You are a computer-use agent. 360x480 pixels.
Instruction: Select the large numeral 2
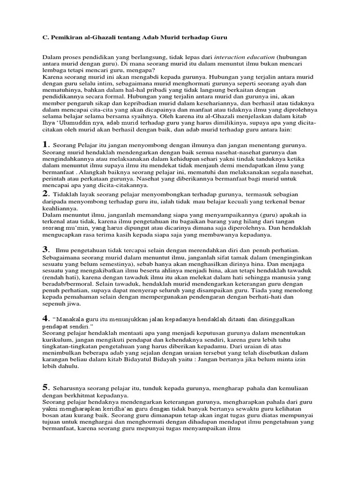(45, 193)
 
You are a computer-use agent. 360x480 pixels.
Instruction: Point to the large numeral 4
(45, 319)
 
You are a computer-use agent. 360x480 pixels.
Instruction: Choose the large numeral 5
(45, 387)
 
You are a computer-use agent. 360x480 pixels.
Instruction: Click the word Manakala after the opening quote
(72, 319)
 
